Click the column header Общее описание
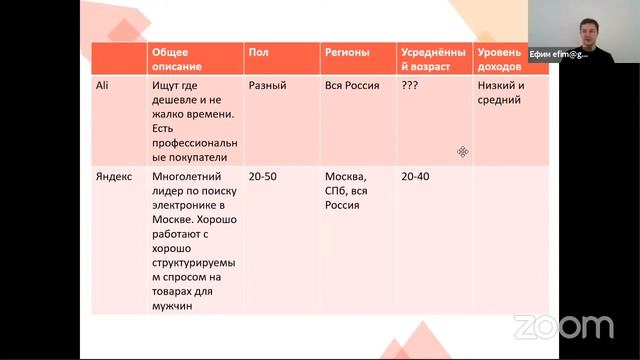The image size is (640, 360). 175,58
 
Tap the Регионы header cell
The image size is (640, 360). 347,51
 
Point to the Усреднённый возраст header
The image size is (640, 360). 433,58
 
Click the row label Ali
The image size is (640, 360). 103,86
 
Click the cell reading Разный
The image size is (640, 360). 268,86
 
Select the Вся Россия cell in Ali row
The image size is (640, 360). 352,86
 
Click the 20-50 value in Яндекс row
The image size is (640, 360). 262,175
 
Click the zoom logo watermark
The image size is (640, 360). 563,326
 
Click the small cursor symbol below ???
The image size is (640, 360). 462,151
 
